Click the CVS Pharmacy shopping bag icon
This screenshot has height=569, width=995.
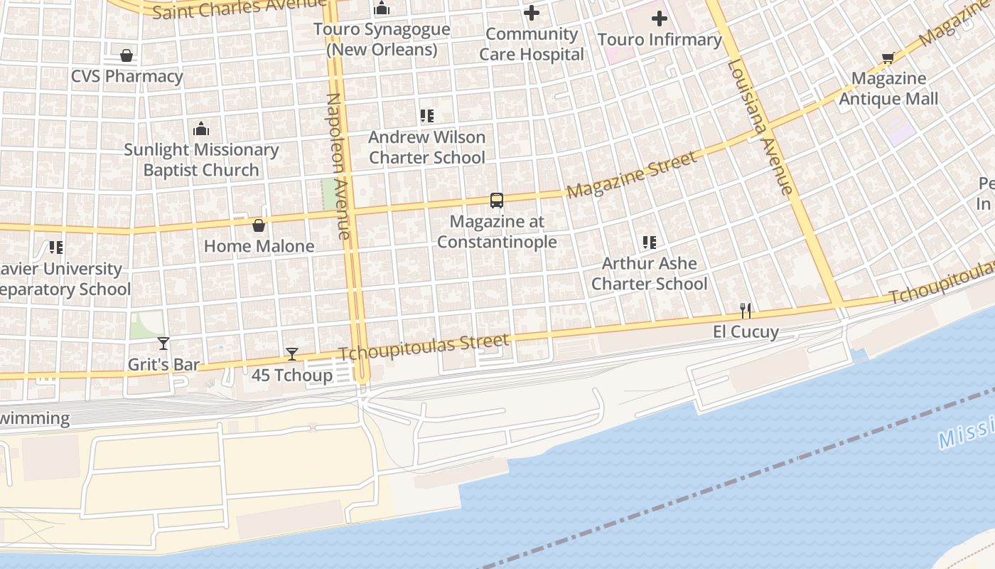pyautogui.click(x=127, y=55)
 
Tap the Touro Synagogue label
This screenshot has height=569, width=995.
pyautogui.click(x=382, y=40)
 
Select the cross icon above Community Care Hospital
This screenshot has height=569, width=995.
pyautogui.click(x=532, y=13)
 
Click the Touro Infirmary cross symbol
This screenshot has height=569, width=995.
pyautogui.click(x=660, y=18)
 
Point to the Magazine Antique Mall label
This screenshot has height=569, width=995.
pyautogui.click(x=888, y=88)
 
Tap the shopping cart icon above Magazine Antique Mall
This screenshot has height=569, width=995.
pyautogui.click(x=888, y=58)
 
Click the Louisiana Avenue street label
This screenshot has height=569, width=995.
pyautogui.click(x=760, y=127)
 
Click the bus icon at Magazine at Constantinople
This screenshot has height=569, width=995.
pyautogui.click(x=497, y=201)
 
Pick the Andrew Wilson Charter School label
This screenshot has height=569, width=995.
pyautogui.click(x=427, y=147)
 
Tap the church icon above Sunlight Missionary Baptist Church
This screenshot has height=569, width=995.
pyautogui.click(x=201, y=129)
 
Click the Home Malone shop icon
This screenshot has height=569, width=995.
pyautogui.click(x=259, y=225)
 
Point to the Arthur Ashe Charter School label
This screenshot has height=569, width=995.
pyautogui.click(x=649, y=273)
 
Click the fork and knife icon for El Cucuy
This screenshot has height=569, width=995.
pyautogui.click(x=746, y=311)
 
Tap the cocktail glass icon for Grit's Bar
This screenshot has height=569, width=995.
pyautogui.click(x=163, y=344)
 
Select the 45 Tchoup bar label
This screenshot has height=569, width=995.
pyautogui.click(x=292, y=375)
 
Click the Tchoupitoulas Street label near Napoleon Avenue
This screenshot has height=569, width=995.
pyautogui.click(x=424, y=346)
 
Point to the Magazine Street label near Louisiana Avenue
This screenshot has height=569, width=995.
pyautogui.click(x=632, y=175)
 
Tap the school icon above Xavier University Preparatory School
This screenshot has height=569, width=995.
pyautogui.click(x=56, y=248)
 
